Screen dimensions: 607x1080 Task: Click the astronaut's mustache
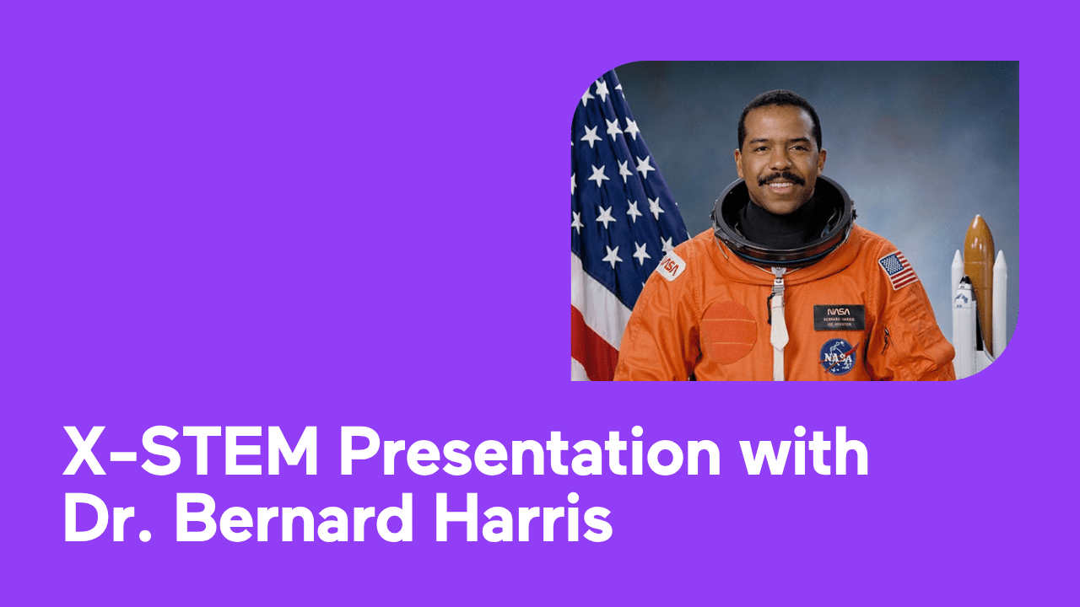(x=780, y=179)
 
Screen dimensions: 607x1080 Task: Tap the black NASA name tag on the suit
(x=838, y=317)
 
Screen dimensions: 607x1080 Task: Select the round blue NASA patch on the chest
(x=838, y=356)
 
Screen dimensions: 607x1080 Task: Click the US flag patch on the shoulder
(x=897, y=270)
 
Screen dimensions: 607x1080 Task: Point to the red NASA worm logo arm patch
(x=671, y=266)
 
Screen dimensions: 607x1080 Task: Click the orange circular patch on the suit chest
(x=728, y=331)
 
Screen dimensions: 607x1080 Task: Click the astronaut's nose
(x=780, y=160)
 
